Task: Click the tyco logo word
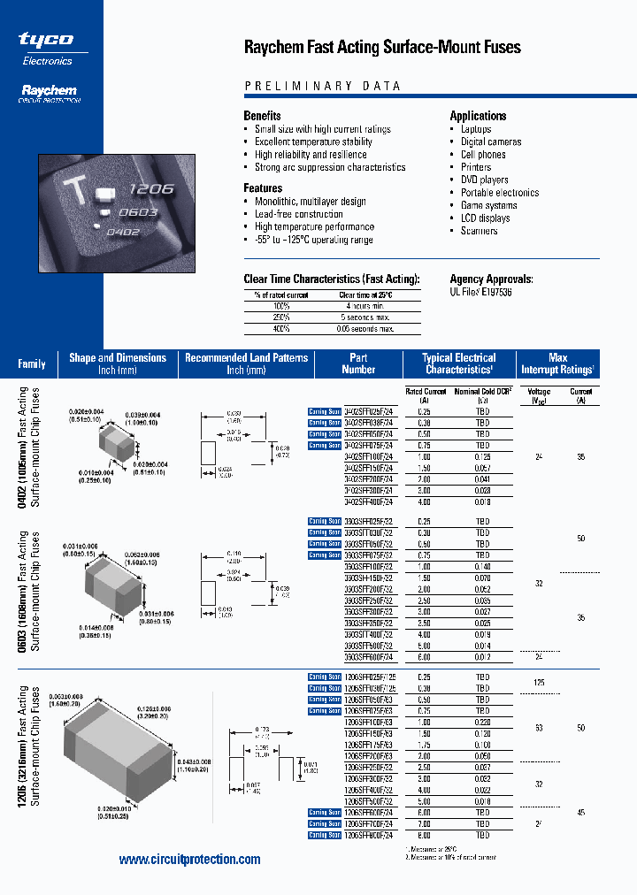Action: (46, 40)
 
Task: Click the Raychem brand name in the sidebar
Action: (49, 89)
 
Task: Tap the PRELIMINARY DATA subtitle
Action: (322, 87)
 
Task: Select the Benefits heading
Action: (262, 116)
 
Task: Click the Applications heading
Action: (478, 116)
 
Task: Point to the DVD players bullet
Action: (484, 180)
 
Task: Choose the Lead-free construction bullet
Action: (298, 214)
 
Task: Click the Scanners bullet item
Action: (479, 231)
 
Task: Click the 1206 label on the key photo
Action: (150, 189)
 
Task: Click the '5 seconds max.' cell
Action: (365, 317)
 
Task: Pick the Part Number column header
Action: (358, 363)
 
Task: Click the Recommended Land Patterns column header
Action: (246, 363)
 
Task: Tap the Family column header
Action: (32, 364)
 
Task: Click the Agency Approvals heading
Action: (491, 279)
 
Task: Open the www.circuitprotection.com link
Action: (189, 860)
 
